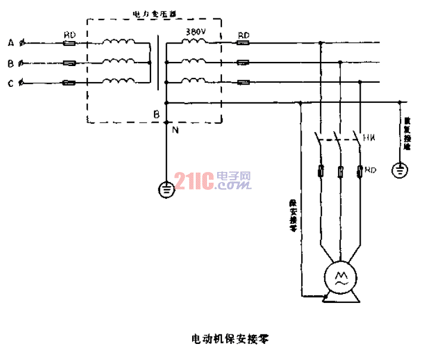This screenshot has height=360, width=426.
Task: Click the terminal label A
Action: [x=10, y=42]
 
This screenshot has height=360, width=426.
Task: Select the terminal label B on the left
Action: [x=10, y=62]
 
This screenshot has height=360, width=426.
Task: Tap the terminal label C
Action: [x=10, y=83]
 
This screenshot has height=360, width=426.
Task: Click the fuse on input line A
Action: [x=69, y=43]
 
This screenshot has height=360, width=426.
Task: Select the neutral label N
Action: [x=174, y=129]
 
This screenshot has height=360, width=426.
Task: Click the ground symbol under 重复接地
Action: [x=400, y=171]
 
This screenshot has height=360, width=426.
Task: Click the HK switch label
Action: [x=368, y=138]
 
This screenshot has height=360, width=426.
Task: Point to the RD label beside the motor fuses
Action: [x=371, y=171]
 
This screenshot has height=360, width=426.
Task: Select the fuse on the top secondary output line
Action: [x=243, y=43]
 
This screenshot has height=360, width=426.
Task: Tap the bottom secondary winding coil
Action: [x=193, y=81]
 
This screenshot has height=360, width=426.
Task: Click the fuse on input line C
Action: [x=69, y=83]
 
